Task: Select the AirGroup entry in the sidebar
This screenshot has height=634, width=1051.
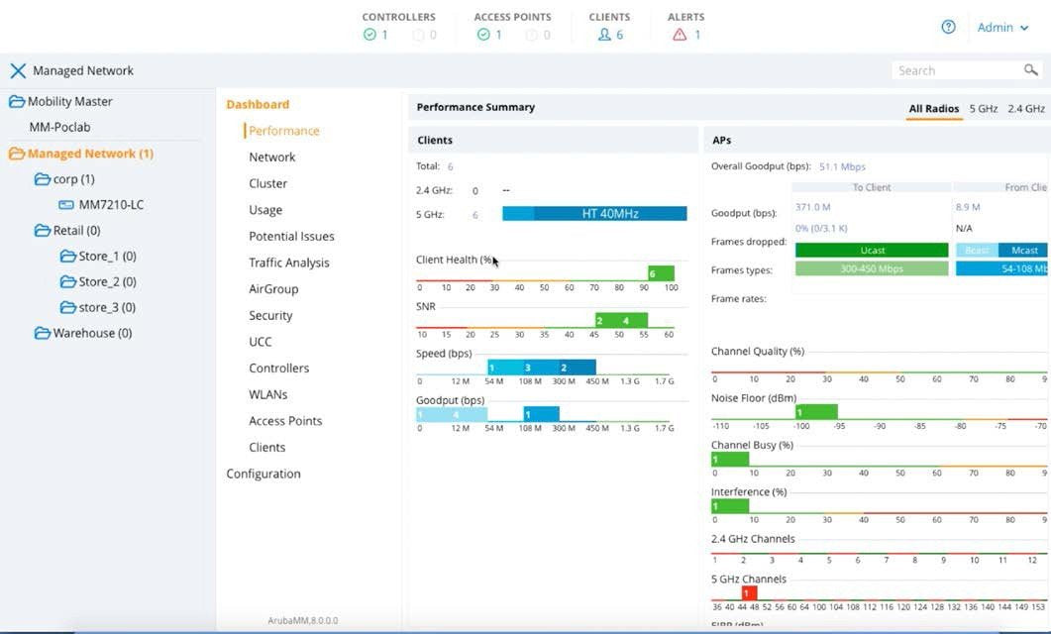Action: coord(273,289)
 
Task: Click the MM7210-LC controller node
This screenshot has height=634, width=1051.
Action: coord(111,205)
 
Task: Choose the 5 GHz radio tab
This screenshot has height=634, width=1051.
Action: coord(983,109)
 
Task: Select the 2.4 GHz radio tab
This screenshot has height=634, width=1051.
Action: coord(1026,109)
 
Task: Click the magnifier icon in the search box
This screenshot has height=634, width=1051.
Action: coord(1031,70)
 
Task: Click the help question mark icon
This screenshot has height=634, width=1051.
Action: coord(948,28)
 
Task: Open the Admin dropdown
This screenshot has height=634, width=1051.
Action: coord(1002,28)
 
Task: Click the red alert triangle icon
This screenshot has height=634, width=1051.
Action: coord(680,35)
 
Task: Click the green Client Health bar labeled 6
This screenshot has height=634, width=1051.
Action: coord(661,273)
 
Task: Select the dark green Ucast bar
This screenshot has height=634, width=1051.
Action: coord(872,251)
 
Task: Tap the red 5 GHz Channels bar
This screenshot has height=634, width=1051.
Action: coord(749,592)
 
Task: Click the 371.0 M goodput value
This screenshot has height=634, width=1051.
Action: coord(812,207)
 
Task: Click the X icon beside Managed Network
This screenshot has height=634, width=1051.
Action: coord(17,71)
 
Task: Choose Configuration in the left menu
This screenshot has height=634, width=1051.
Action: coord(263,474)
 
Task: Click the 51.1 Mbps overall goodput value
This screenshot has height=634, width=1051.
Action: coord(842,166)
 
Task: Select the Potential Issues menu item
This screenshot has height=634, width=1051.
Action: coord(291,237)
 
